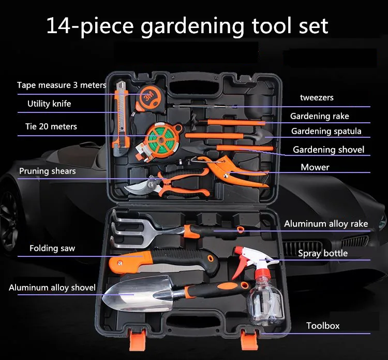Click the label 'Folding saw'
(52, 248)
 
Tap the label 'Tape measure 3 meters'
(62, 85)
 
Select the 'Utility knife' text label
(49, 104)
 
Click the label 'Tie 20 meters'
(51, 126)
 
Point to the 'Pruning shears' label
(48, 171)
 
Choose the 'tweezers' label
(317, 97)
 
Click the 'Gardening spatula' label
(326, 131)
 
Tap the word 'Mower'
(315, 167)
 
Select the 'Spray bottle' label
(323, 253)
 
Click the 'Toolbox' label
(323, 326)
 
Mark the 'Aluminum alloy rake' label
(326, 224)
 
